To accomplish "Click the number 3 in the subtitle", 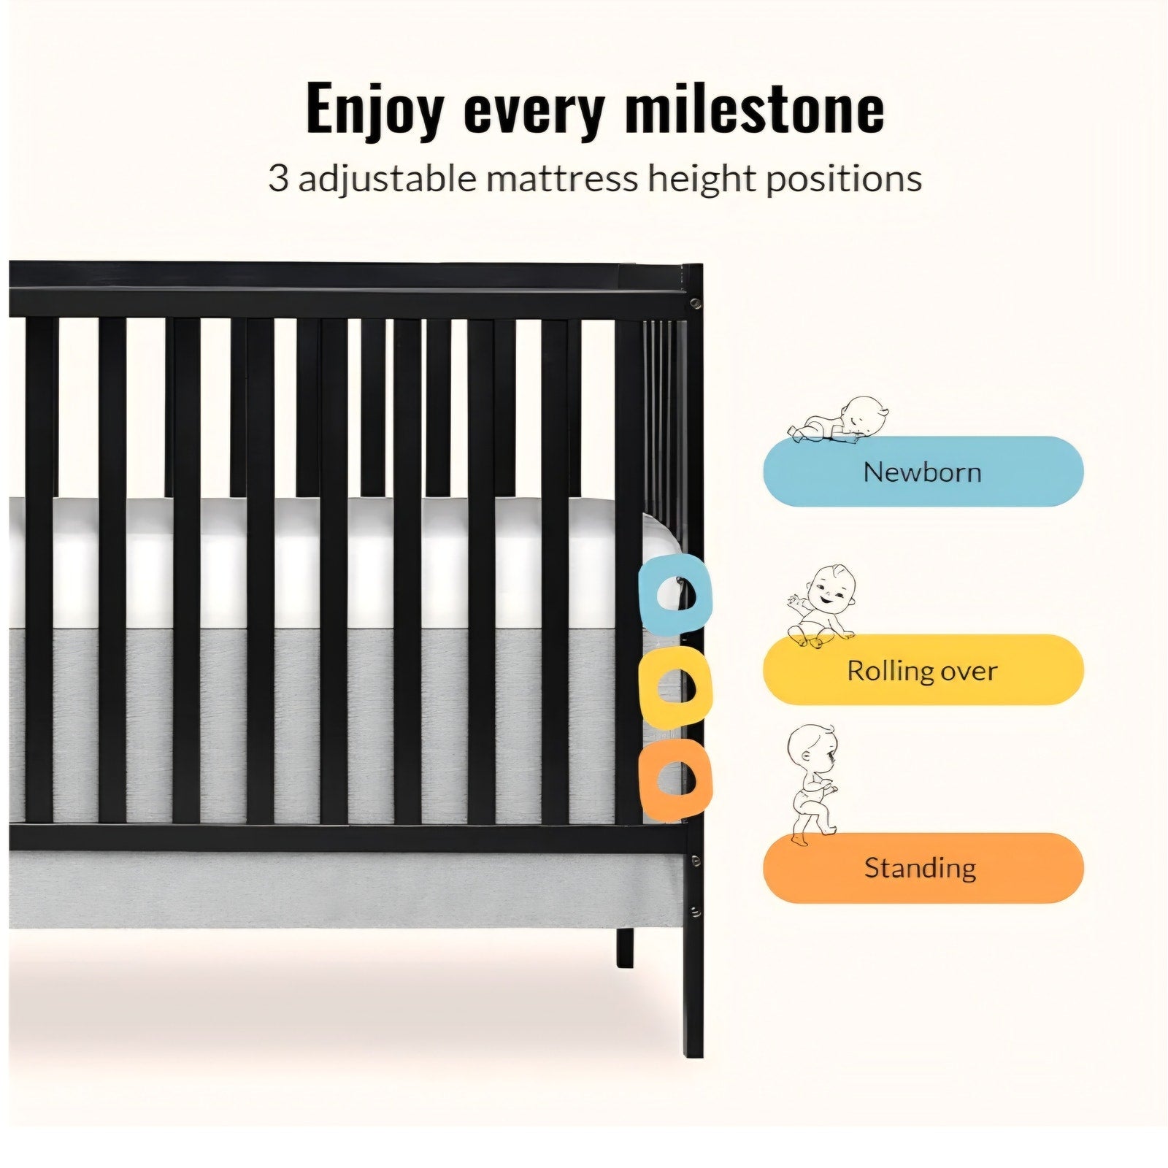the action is [x=278, y=178].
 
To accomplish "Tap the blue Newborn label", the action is [x=923, y=472].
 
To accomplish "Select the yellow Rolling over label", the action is [x=923, y=669].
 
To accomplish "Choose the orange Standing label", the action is [x=923, y=868].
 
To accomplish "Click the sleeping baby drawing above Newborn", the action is [x=839, y=420].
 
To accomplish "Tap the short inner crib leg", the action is [x=625, y=948].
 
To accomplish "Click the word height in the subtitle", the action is [x=701, y=179].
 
